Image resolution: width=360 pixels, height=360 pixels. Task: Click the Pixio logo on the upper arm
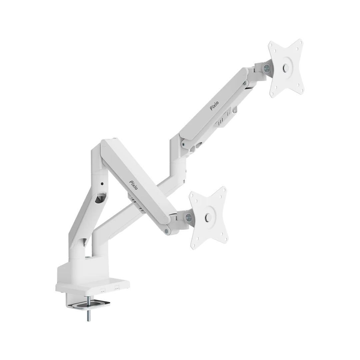(x=214, y=106)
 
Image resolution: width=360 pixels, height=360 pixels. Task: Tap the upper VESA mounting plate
(x=286, y=68)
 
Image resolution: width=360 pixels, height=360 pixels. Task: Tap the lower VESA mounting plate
(x=208, y=217)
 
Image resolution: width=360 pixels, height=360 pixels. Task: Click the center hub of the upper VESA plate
(x=286, y=68)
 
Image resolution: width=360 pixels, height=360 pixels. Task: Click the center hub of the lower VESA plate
(x=208, y=217)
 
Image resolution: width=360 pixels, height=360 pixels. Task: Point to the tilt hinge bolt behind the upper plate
(x=267, y=68)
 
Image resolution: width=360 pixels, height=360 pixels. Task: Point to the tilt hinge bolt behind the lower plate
(x=188, y=216)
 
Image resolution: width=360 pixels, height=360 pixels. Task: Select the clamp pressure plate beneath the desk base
(x=88, y=305)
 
